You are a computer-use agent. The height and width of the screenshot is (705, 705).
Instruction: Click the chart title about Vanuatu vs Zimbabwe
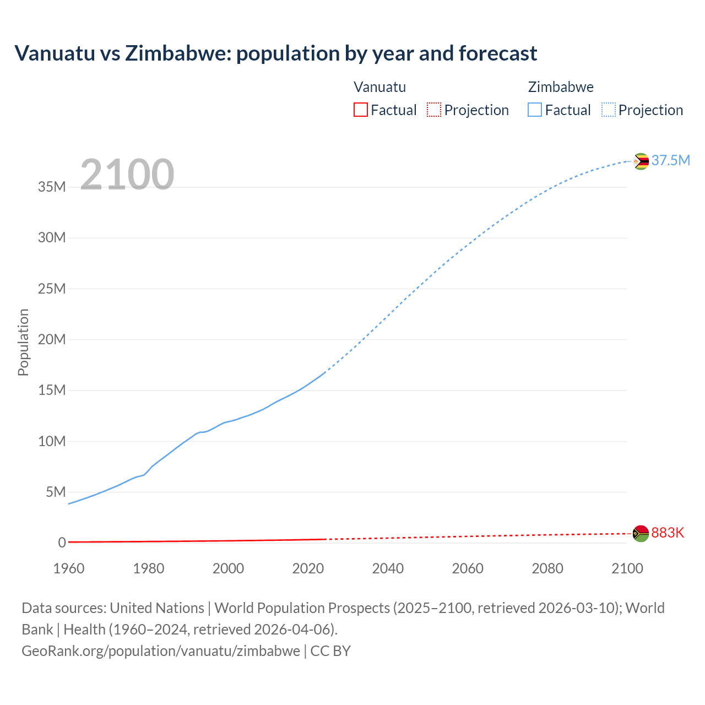(275, 53)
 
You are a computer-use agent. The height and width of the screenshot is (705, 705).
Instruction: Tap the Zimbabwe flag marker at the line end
(641, 161)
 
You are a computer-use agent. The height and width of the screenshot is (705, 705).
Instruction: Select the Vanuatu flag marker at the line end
(641, 533)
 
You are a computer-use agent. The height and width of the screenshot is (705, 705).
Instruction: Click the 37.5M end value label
(670, 160)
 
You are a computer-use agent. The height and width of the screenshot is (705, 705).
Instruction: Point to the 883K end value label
(668, 533)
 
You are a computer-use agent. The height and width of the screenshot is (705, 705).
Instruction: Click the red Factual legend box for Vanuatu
(360, 110)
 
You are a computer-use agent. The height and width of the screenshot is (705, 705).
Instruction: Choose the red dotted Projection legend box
(434, 110)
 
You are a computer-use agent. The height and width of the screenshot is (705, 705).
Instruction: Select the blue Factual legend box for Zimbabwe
(535, 110)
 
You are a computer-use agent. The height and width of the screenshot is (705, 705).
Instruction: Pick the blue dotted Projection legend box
(609, 110)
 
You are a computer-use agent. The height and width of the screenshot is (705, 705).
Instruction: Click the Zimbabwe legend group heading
(561, 87)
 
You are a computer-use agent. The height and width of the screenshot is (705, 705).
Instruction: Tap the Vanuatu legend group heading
(379, 87)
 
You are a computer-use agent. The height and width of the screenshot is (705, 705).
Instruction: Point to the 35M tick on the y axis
(52, 187)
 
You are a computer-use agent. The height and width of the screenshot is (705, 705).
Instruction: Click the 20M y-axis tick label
(52, 339)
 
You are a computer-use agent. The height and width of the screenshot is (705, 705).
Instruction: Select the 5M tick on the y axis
(56, 492)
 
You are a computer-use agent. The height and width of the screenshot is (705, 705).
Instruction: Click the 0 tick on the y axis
(62, 543)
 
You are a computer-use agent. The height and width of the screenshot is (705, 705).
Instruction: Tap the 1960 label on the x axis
(69, 568)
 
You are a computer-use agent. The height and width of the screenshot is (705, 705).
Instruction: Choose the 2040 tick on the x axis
(388, 568)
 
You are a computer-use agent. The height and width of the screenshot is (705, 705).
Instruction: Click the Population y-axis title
(23, 342)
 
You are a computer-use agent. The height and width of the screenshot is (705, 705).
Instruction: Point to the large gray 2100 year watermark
(127, 175)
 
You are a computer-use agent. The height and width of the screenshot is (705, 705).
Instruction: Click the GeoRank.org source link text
(161, 651)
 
